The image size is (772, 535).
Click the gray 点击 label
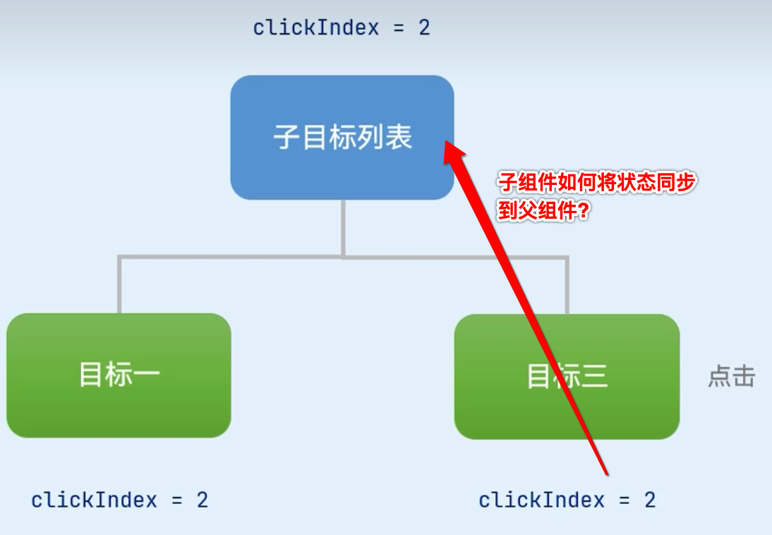(x=731, y=377)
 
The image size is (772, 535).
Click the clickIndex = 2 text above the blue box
(x=342, y=28)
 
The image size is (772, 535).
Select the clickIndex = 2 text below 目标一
(x=119, y=500)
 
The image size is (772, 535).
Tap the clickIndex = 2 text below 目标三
(x=567, y=500)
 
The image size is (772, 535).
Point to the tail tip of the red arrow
(x=605, y=474)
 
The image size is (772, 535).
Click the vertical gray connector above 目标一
(x=119, y=285)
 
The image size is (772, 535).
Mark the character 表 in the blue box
(x=399, y=138)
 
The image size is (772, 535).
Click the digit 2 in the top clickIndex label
(x=423, y=28)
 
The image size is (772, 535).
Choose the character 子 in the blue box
(x=285, y=138)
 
